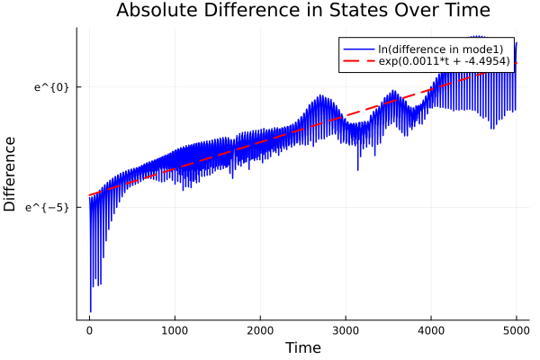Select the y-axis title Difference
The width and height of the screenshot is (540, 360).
[x=10, y=174]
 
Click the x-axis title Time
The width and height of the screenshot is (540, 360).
[x=302, y=347]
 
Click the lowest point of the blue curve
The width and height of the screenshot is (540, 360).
[x=91, y=311]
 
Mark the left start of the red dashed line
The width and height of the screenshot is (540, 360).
[x=90, y=195]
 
